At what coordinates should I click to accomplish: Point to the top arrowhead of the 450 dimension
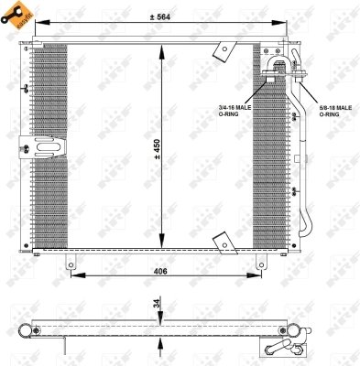tap(162, 48)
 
